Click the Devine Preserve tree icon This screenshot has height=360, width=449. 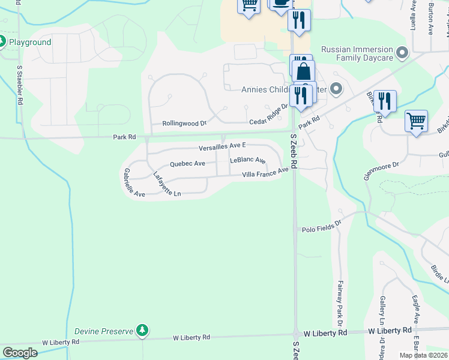click(142, 331)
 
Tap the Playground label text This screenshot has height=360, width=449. click(29, 42)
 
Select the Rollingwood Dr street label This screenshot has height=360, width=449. click(184, 124)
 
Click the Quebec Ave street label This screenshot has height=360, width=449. click(188, 163)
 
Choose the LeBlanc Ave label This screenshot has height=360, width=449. click(247, 161)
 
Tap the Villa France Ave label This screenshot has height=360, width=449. click(265, 173)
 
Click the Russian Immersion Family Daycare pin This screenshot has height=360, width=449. click(402, 53)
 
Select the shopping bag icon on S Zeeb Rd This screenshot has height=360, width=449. click(304, 72)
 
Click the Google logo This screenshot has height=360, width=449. click(20, 352)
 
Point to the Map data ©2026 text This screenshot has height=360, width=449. click(423, 355)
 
